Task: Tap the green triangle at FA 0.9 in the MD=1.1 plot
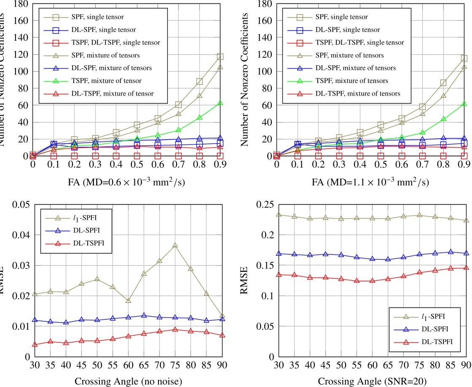point(464,103)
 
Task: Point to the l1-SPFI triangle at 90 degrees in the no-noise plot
point(222,315)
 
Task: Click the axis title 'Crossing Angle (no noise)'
point(128,382)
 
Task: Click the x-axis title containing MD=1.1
point(370,182)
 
